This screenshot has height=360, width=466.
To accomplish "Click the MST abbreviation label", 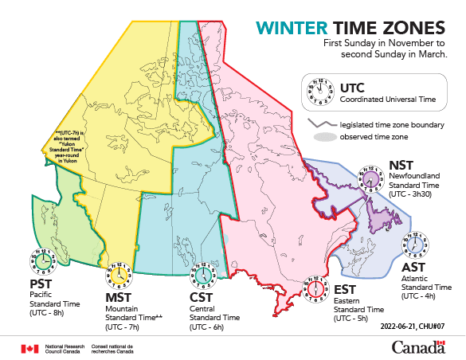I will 119,298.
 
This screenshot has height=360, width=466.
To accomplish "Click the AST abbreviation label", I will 415,266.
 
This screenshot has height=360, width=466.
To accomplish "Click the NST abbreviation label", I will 401,166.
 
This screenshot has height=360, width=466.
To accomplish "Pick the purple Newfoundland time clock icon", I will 371,177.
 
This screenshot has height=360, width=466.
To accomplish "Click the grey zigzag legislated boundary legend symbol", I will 320,124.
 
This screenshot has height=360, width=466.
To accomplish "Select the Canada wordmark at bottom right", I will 418,346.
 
